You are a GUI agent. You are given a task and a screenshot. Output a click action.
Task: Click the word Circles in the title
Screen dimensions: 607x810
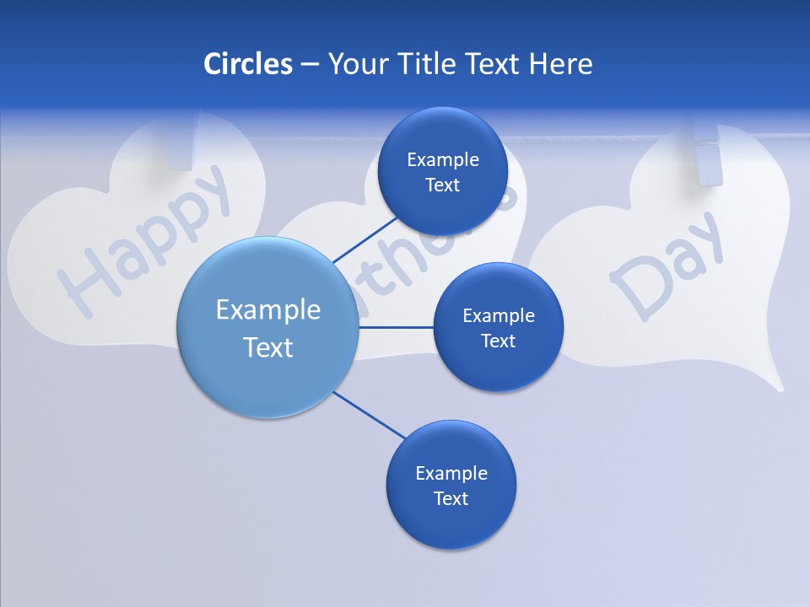click(x=248, y=64)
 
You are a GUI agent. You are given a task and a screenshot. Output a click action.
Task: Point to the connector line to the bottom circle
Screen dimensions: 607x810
click(x=369, y=415)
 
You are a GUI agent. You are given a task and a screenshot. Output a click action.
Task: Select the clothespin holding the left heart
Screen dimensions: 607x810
click(x=182, y=143)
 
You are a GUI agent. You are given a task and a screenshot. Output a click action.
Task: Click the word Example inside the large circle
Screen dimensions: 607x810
click(x=268, y=309)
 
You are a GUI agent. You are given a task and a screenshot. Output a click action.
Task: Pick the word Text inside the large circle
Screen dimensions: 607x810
click(x=268, y=347)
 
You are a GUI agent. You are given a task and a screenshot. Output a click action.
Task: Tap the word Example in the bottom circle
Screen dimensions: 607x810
click(x=451, y=473)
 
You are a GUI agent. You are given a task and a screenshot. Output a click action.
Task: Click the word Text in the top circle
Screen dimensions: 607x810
click(x=442, y=185)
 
